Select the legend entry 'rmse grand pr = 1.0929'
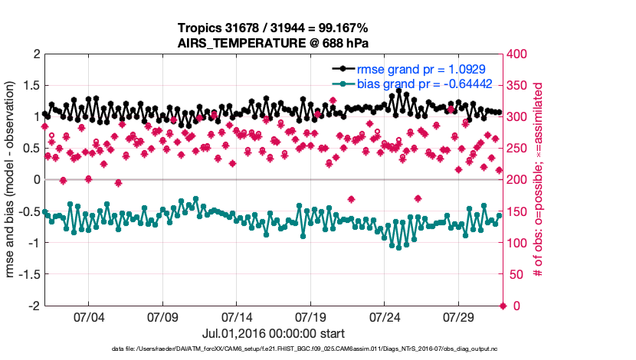(420, 69)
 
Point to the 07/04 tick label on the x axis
(87, 317)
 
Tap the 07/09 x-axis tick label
(162, 317)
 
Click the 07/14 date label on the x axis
(236, 317)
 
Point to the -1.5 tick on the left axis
(28, 274)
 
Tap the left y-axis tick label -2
(32, 306)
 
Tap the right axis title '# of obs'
(539, 179)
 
